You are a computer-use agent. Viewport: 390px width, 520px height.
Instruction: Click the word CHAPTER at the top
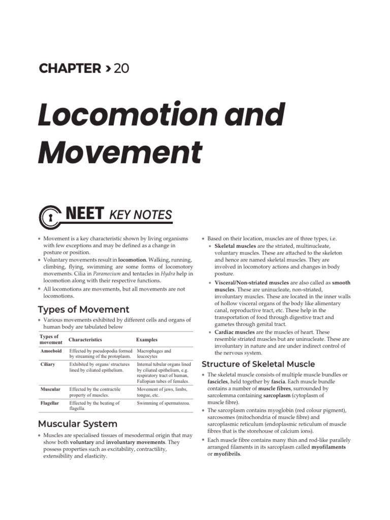(70, 69)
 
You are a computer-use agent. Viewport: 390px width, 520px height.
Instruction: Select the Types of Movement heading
(84, 309)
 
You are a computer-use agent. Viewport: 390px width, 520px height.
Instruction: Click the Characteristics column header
(85, 340)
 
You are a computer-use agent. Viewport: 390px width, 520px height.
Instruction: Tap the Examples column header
(147, 340)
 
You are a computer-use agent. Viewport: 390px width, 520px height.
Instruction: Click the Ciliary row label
(48, 365)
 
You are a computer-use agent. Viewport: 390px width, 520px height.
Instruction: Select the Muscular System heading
(78, 424)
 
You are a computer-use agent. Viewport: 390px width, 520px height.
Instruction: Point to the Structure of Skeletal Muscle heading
(258, 364)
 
